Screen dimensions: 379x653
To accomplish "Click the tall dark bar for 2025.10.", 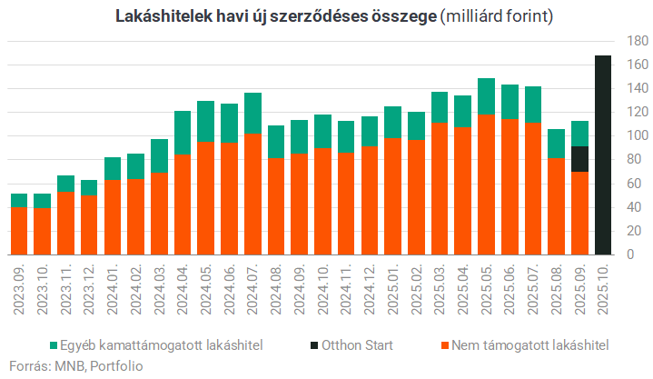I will tap(602, 155).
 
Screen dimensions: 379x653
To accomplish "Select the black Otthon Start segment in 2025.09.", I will tap(579, 159).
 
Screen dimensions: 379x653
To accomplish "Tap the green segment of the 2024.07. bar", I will tap(252, 114).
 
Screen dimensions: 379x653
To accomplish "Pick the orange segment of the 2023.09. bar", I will tap(19, 231).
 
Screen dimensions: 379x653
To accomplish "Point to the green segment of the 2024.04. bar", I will tap(183, 133).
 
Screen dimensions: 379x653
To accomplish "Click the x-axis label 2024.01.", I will tap(113, 289).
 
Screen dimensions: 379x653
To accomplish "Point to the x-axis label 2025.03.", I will tap(440, 289).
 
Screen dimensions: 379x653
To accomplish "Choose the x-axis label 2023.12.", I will tap(89, 289).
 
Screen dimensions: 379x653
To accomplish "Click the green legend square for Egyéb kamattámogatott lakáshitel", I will tap(55, 345).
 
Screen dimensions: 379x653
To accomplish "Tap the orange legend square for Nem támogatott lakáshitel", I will tap(444, 345).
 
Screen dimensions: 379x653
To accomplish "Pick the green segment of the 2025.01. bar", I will tap(392, 122).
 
